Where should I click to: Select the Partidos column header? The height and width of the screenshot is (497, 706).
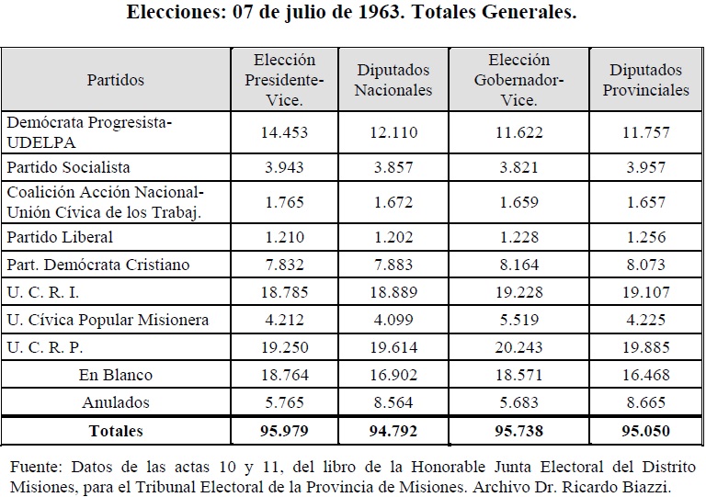click(x=116, y=80)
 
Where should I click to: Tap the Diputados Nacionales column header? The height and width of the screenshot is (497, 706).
click(x=393, y=80)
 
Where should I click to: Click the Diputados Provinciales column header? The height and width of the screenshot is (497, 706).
click(x=646, y=80)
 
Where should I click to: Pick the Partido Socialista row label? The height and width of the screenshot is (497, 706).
click(x=68, y=167)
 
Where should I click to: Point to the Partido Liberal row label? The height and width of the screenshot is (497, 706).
click(x=60, y=237)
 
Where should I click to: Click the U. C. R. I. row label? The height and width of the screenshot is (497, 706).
click(x=43, y=292)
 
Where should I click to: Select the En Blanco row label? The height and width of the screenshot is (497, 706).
click(x=116, y=375)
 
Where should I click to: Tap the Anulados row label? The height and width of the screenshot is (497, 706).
click(x=116, y=402)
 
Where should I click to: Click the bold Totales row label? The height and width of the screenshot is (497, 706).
click(x=116, y=431)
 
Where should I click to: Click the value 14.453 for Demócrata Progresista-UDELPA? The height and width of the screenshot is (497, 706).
click(x=285, y=132)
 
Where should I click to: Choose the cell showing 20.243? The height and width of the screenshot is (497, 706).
click(x=519, y=347)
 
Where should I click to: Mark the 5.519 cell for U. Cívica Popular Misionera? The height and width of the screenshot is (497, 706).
click(x=519, y=320)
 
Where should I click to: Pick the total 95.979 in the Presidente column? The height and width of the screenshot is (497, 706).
click(x=285, y=431)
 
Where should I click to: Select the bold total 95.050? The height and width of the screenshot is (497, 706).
click(x=646, y=431)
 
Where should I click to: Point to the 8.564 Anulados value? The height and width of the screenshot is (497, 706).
click(x=393, y=402)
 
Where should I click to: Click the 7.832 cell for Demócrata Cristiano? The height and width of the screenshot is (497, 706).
click(x=285, y=265)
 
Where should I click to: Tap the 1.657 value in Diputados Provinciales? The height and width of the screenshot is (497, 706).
click(x=646, y=202)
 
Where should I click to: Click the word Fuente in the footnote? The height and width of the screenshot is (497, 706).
click(x=36, y=467)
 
